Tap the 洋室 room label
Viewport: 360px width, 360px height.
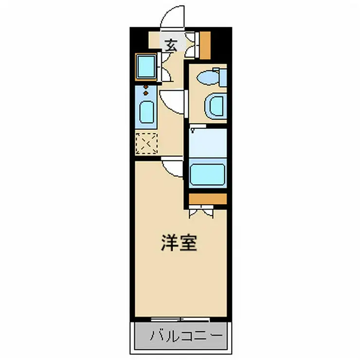(179, 243)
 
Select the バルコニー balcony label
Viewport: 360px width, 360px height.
(186, 336)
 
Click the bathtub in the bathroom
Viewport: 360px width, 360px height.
(208, 175)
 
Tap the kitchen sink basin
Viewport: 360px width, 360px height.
(146, 112)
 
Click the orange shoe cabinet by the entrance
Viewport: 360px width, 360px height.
(206, 43)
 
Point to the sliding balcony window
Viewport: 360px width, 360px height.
(180, 319)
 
